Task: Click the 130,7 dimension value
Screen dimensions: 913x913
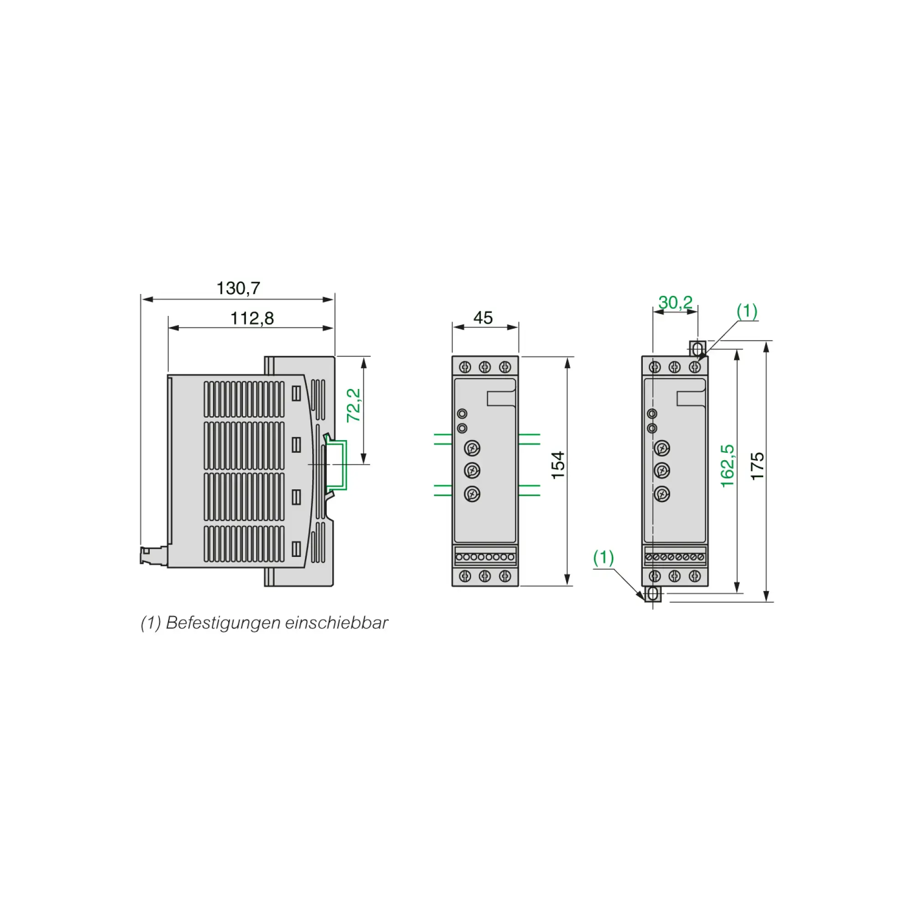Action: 238,288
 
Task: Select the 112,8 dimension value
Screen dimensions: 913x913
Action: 252,318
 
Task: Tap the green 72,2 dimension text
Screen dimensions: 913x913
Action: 353,405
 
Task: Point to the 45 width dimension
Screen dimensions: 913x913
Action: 483,318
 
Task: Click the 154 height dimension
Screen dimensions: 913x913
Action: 558,465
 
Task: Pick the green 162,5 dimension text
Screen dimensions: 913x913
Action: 727,466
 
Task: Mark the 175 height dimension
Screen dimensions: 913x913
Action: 757,466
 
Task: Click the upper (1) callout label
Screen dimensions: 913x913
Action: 747,311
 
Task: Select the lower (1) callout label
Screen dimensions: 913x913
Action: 603,558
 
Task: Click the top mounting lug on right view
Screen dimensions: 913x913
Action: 698,349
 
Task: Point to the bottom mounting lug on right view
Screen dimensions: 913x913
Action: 653,593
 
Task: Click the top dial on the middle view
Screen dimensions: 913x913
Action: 472,447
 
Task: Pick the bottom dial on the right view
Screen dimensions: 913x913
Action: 661,494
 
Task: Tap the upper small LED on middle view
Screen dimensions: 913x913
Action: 462,414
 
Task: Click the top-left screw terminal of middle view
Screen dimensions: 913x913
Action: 465,367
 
